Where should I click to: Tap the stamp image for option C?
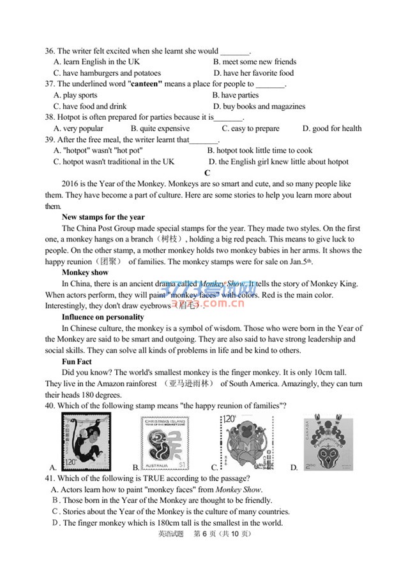[x=248, y=440]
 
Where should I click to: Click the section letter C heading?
[x=207, y=173]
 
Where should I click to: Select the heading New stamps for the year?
[x=103, y=217]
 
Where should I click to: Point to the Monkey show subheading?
[x=85, y=273]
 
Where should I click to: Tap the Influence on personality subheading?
[x=103, y=317]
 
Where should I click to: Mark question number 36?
[x=50, y=51]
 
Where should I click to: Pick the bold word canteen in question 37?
[x=146, y=84]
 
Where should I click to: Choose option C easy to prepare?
[x=250, y=128]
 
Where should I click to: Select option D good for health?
[x=332, y=128]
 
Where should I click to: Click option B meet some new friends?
[x=255, y=62]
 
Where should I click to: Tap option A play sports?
[x=75, y=95]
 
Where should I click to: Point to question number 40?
[x=50, y=406]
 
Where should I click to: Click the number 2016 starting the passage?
[x=70, y=184]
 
